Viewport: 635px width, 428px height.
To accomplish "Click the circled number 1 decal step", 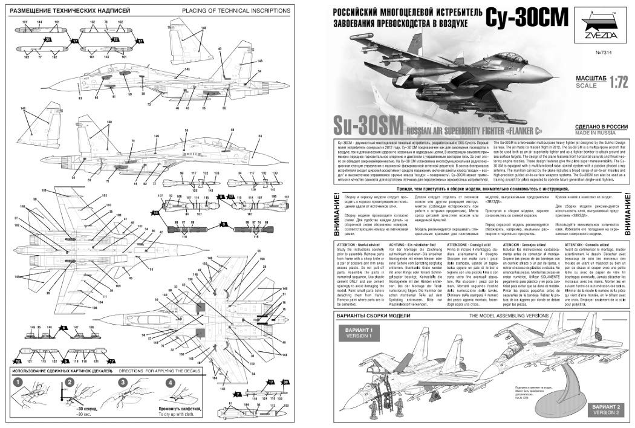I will (x=18, y=383).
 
